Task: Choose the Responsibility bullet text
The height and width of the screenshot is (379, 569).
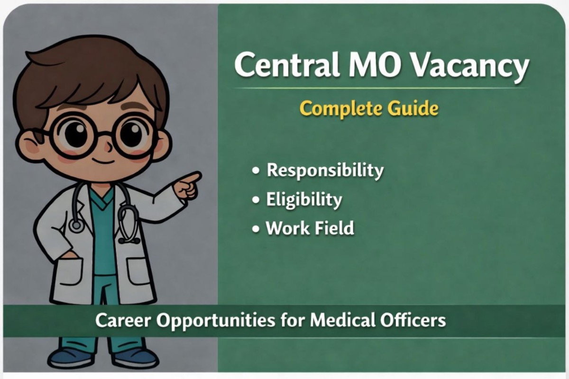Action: [x=325, y=171]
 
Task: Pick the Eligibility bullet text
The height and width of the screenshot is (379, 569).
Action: [x=303, y=199]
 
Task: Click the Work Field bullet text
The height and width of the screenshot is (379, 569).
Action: [x=310, y=228]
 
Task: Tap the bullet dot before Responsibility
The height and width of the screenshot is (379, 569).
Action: [x=257, y=171]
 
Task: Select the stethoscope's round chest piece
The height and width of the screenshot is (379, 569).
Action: [x=77, y=225]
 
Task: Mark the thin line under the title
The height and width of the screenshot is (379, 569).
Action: [x=379, y=88]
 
